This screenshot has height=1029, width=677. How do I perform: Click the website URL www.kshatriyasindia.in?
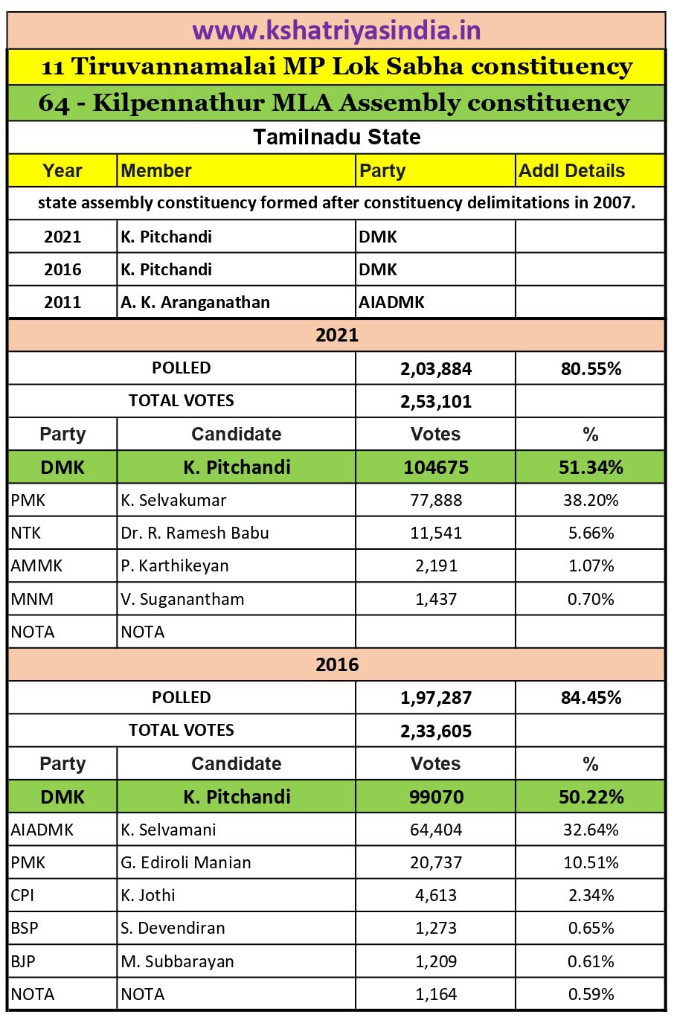click(x=336, y=31)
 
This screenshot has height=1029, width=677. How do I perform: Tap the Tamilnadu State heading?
click(x=336, y=137)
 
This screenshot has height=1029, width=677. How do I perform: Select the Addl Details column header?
click(x=571, y=170)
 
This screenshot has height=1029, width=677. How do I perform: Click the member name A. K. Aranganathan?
click(x=195, y=302)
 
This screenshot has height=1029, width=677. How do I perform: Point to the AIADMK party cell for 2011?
click(x=391, y=302)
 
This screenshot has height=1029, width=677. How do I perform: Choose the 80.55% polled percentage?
click(x=591, y=368)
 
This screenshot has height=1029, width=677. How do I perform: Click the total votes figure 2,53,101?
click(x=436, y=402)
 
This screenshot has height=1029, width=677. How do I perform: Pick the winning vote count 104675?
click(x=436, y=467)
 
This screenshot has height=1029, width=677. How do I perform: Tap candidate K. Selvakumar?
click(x=173, y=500)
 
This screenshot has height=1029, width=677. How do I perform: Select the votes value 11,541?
click(x=436, y=533)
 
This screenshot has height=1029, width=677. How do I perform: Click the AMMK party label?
click(x=36, y=565)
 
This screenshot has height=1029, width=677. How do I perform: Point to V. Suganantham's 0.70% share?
click(x=591, y=599)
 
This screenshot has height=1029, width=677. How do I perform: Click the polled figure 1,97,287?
click(x=436, y=698)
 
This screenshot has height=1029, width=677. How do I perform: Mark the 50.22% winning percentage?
click(x=591, y=797)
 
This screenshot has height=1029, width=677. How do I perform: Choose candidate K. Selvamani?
click(x=168, y=830)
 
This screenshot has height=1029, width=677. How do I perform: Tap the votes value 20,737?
click(x=436, y=862)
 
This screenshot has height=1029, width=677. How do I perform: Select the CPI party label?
click(x=22, y=895)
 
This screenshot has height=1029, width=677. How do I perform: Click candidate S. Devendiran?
click(x=173, y=928)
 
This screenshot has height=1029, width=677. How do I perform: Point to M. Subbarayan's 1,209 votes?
click(x=436, y=961)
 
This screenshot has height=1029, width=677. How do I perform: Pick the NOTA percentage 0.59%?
click(x=591, y=994)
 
